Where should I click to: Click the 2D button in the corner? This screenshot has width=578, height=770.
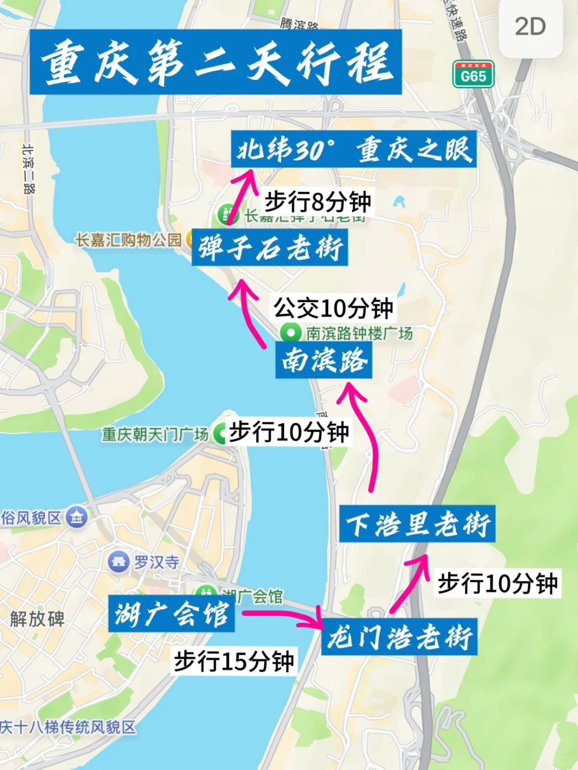pos(530,27)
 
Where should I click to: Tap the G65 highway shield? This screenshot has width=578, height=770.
pos(473,74)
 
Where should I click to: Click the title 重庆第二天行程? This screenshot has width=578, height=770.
pos(216,63)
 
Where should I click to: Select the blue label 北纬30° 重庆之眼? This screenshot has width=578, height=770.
pos(354,149)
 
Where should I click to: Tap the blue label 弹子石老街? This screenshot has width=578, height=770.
pos(270,248)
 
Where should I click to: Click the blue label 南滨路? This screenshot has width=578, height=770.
pos(324,360)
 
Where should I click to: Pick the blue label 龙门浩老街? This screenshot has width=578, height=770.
pos(399,637)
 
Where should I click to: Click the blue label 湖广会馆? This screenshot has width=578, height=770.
pos(171,613)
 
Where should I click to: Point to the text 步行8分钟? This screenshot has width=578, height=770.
pos(318,202)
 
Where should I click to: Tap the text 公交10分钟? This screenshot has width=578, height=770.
pos(333,307)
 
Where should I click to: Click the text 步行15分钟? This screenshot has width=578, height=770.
pos(234,661)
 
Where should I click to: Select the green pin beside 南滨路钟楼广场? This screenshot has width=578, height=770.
pos(291,333)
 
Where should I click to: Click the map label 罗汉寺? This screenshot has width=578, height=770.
pos(156,562)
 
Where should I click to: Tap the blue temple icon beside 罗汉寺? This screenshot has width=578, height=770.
pos(118,561)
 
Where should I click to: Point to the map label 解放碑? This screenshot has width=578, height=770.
pos(37,619)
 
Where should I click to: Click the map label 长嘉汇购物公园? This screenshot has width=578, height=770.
pos(128,240)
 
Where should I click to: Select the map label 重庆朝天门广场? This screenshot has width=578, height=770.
pos(155,434)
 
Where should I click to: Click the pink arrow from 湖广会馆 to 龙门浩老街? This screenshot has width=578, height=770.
pos(284,618)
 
